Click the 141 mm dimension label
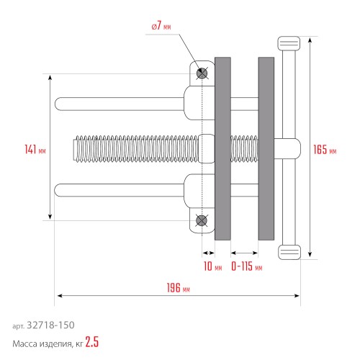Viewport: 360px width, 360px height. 35,149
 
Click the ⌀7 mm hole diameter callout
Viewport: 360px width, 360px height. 161,26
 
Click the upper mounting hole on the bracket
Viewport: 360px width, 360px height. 202,73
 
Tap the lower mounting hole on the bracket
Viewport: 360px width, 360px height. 202,221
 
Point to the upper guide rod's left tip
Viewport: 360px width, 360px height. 58,104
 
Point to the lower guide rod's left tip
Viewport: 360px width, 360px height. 58,190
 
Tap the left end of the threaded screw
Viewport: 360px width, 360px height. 76,148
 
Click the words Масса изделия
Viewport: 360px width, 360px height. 40,343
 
